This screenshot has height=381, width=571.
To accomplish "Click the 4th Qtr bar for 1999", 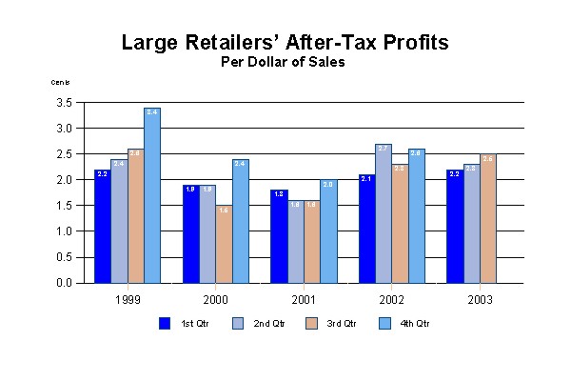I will (152, 195).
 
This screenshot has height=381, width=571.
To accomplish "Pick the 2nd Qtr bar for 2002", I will (384, 213).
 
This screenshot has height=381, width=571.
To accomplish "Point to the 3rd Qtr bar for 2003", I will (487, 218).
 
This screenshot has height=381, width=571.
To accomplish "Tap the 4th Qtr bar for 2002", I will (416, 215).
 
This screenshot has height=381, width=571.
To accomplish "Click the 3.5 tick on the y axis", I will (64, 102).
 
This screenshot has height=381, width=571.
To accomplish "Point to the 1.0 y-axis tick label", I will (64, 231).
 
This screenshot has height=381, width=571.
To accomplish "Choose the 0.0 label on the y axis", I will (64, 283).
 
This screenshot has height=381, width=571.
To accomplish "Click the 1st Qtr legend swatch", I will (165, 323).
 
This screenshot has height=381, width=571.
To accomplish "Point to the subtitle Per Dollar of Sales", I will (283, 63).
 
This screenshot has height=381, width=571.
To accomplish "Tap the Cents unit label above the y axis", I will (61, 83).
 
